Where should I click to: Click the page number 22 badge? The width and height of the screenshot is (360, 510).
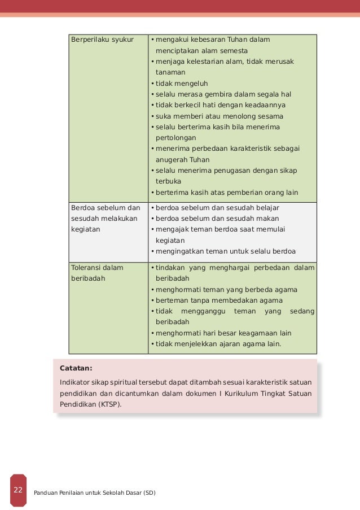18,490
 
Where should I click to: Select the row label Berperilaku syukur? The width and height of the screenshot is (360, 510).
98,40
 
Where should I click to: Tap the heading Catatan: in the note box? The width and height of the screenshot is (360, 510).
76,369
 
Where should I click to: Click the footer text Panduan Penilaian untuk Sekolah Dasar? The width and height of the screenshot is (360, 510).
95,493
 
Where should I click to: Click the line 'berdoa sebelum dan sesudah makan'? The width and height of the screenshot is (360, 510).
217,219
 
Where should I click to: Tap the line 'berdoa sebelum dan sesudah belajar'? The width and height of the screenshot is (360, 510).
217,208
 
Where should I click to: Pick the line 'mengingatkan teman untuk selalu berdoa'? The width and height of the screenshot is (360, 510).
226,252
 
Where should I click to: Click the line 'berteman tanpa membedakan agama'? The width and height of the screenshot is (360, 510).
219,300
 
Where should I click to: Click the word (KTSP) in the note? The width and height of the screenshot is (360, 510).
108,404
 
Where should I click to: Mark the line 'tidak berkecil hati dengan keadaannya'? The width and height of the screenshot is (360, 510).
221,106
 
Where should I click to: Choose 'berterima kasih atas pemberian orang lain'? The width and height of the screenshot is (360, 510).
227,193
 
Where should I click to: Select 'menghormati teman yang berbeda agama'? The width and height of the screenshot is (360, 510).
226,290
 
